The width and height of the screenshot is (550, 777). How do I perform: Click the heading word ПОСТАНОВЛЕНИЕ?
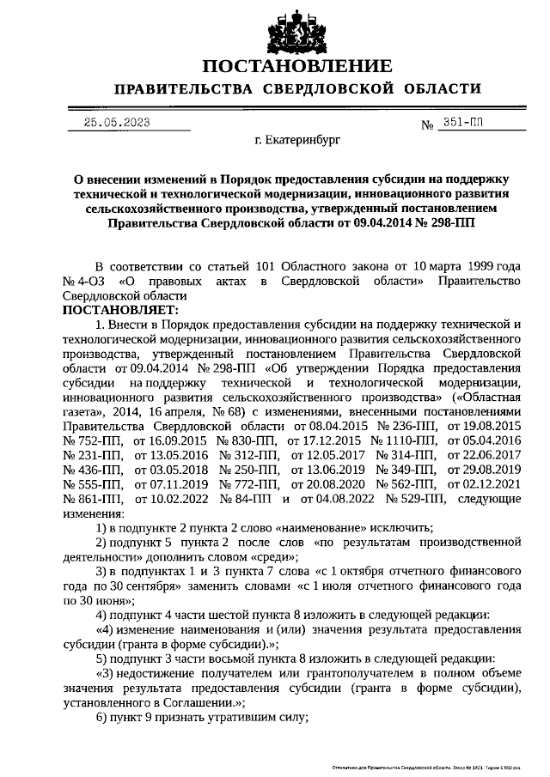point(297,66)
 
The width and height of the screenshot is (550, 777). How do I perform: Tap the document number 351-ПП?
point(464,123)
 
